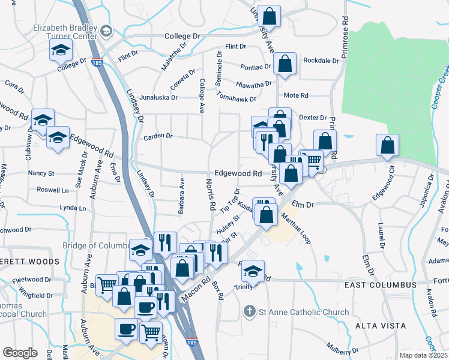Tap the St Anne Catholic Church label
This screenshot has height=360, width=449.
coord(304,312)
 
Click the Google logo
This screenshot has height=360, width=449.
coord(20,353)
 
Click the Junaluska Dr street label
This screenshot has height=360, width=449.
coord(158,97)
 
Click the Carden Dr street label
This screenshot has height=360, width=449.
coord(158,137)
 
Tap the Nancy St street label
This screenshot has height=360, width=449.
coord(41,173)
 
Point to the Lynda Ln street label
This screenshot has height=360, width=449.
coord(73,208)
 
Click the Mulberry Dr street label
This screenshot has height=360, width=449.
coord(343,346)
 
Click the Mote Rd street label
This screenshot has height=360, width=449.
coord(295,95)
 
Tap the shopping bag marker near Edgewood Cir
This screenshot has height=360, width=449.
coord(388,145)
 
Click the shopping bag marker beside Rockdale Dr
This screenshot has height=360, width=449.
coord(286,64)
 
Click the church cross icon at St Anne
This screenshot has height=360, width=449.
coord(250,311)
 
